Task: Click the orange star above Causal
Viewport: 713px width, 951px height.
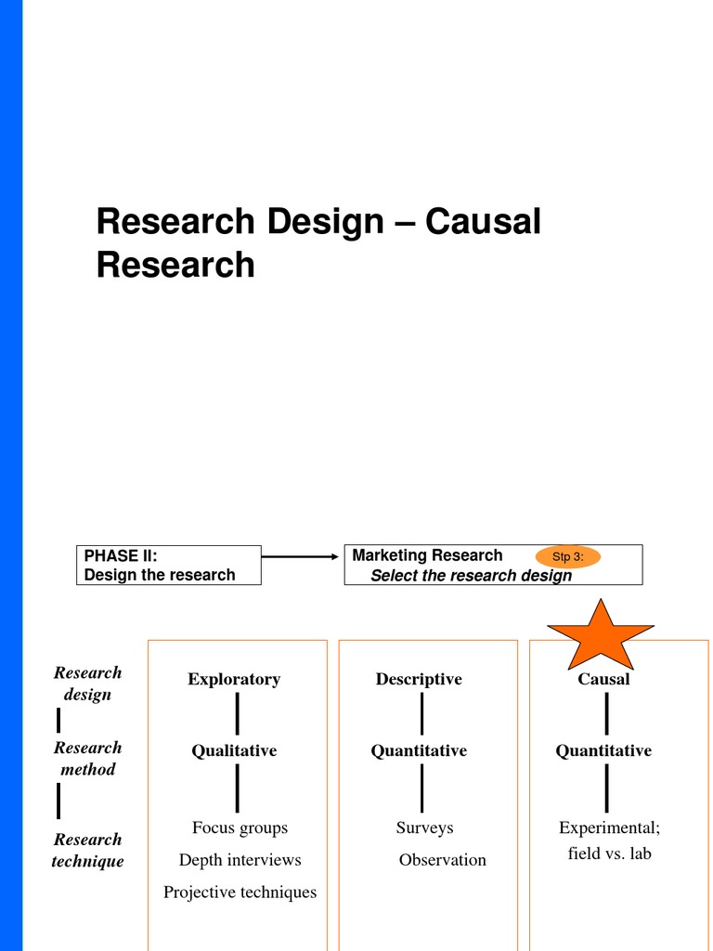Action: [x=601, y=634]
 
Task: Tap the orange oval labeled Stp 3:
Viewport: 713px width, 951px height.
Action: [x=568, y=556]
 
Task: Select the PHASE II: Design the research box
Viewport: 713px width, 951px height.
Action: [x=168, y=565]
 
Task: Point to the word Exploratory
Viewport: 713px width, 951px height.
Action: [x=234, y=679]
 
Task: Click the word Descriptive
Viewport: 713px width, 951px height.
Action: [x=419, y=679]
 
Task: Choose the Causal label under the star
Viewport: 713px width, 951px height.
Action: [x=603, y=679]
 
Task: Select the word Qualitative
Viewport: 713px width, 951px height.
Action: [x=234, y=750]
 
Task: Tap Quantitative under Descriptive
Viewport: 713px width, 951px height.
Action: [x=419, y=750]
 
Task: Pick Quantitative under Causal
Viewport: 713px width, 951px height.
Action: [x=603, y=750]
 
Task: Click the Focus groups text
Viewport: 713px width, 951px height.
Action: [x=240, y=827]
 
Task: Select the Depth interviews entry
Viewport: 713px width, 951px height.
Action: [x=240, y=860]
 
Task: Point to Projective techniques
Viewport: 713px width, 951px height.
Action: [x=240, y=892]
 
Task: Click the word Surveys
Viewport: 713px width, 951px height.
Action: [x=424, y=827]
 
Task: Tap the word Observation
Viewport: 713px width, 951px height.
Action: [x=442, y=860]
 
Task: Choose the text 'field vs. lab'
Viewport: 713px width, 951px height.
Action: [x=609, y=853]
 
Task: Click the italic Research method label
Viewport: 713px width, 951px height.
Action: [x=87, y=758]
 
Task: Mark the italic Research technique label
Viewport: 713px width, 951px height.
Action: [x=87, y=850]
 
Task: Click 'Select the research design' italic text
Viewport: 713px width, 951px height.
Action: [x=471, y=575]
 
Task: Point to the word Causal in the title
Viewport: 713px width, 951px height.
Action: [x=483, y=223]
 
